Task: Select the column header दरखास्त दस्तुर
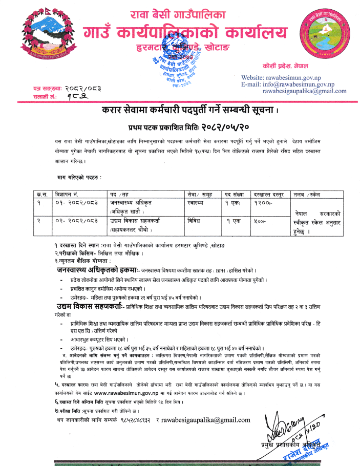(269, 195)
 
